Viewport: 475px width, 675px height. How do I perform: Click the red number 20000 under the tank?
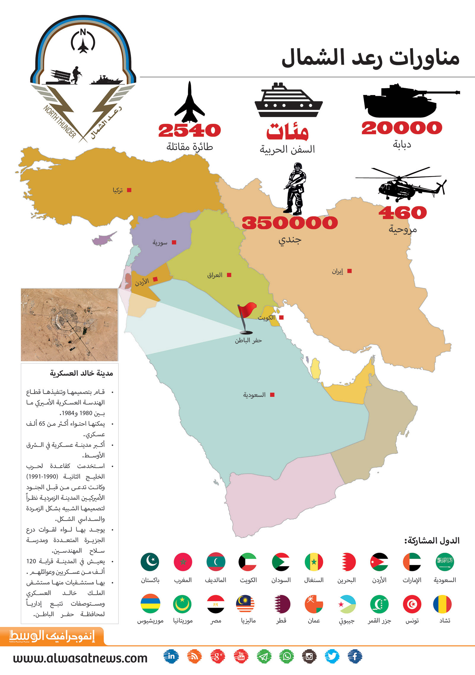[x=402, y=128]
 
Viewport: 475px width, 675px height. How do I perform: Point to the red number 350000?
[x=290, y=223]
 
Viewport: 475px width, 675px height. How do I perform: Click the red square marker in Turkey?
[x=129, y=190]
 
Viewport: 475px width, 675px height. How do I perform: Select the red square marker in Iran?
[x=349, y=271]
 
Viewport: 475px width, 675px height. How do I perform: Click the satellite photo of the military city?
[x=69, y=324]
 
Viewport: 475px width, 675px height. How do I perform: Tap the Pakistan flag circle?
[x=150, y=562]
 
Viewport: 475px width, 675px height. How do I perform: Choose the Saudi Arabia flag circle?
[x=445, y=562]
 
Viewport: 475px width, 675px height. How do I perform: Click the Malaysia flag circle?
[x=245, y=604]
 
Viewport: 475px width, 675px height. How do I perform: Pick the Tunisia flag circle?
[x=412, y=604]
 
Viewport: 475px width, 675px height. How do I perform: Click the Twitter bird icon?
[x=332, y=656]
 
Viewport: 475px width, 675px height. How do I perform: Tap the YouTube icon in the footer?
[x=241, y=656]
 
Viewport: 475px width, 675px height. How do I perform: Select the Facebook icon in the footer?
[x=355, y=656]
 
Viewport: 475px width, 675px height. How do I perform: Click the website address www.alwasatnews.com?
[x=80, y=658]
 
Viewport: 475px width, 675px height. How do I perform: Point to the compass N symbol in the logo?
[x=83, y=32]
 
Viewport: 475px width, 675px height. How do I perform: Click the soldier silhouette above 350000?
[x=295, y=188]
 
